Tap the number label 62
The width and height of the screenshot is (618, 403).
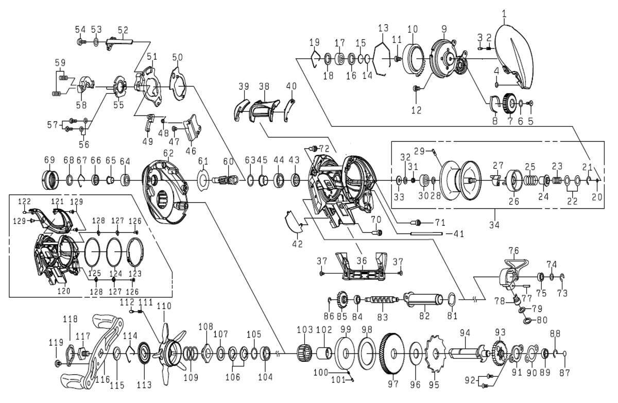click(x=168, y=153)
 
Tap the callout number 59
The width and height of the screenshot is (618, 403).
click(x=60, y=63)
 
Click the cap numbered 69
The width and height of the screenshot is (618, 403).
click(x=50, y=180)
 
